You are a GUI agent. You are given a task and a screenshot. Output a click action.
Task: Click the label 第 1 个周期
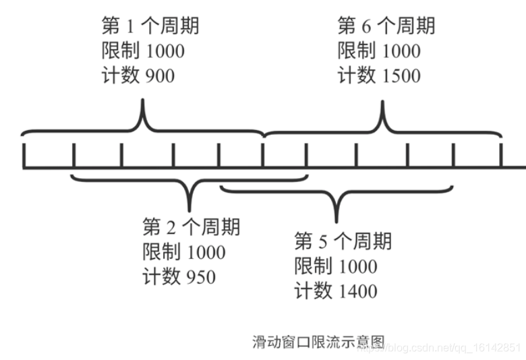pos(150,26)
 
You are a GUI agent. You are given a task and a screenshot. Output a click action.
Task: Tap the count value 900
pos(160,76)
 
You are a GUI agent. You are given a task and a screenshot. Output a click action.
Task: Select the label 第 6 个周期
pos(386,26)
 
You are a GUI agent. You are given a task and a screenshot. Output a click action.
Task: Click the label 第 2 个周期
pos(191,227)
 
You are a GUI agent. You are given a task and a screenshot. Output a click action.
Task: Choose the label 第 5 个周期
pos(343,241)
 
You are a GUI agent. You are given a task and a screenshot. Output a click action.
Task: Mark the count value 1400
pos(356,291)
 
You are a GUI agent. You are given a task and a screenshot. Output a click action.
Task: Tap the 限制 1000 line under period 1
pos(142,51)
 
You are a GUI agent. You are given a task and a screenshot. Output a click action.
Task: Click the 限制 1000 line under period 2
pos(184,251)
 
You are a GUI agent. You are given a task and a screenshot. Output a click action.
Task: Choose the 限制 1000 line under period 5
pos(336,266)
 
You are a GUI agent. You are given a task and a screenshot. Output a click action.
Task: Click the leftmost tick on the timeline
pos(24,155)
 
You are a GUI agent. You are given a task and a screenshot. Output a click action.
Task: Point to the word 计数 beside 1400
pos(313,291)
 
